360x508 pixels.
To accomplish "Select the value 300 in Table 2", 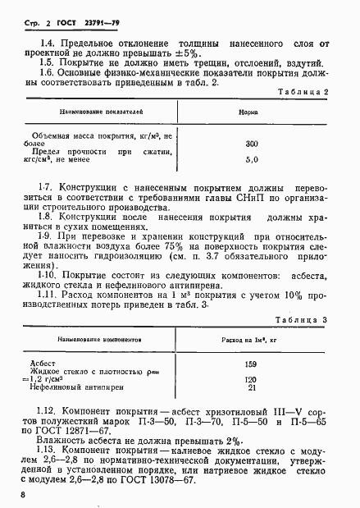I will click(252, 144).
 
